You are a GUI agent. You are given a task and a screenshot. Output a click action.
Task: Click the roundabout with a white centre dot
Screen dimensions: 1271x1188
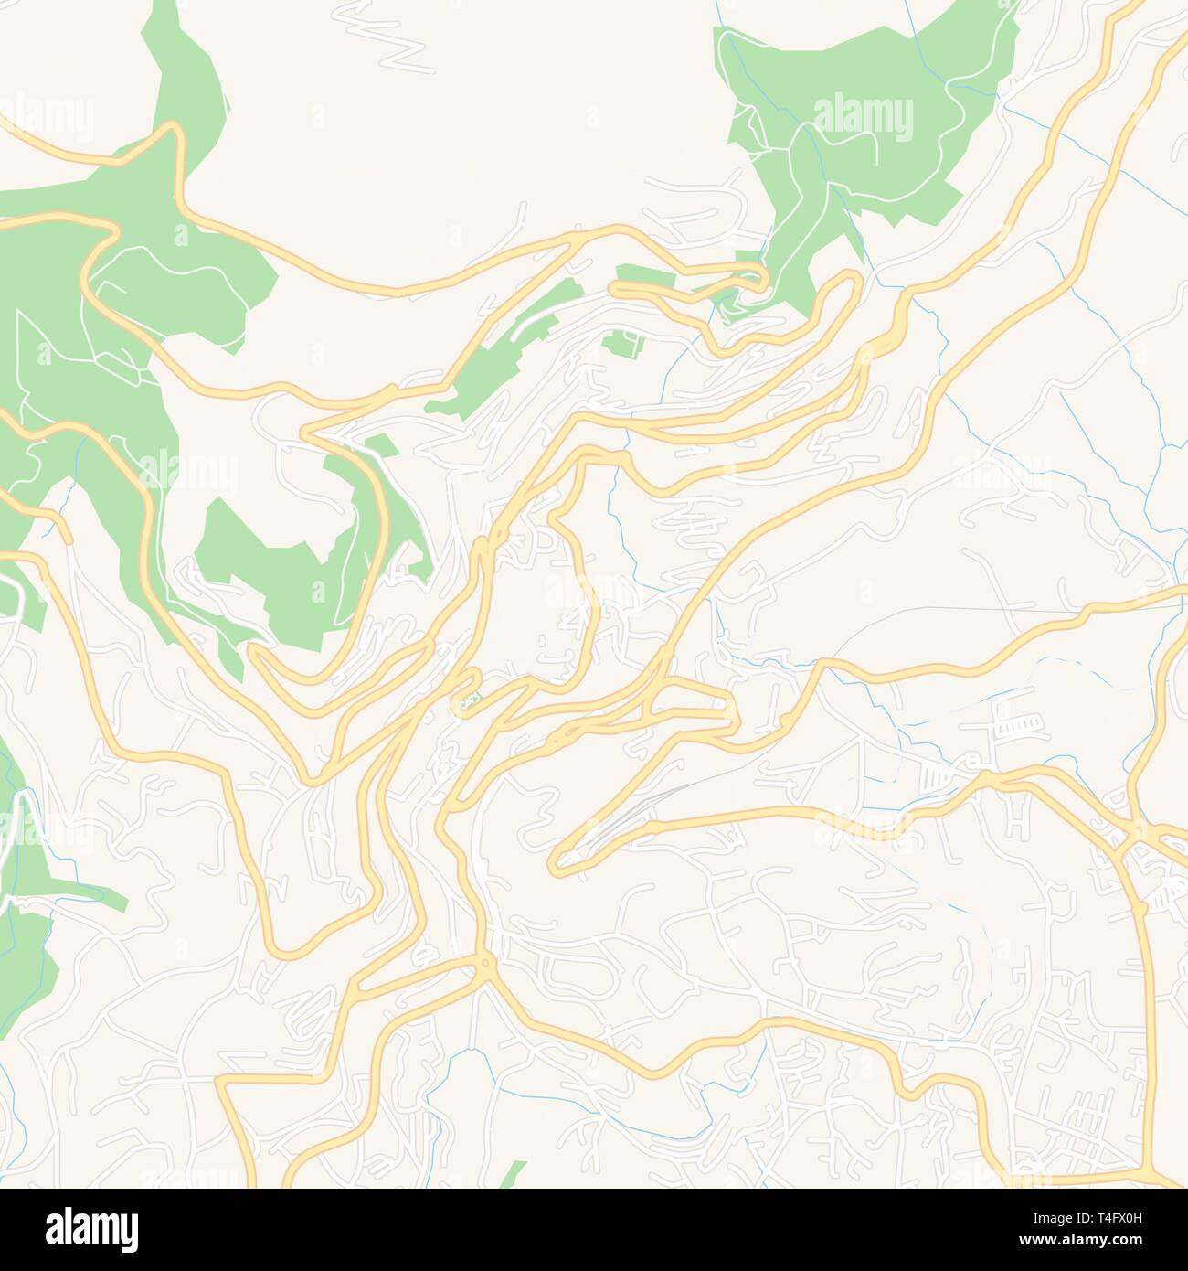tap(483, 962)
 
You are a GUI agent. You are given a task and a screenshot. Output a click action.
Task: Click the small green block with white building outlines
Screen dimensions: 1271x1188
tap(621, 345)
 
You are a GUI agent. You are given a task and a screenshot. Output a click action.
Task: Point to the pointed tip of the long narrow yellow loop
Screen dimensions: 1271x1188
tap(557, 864)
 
